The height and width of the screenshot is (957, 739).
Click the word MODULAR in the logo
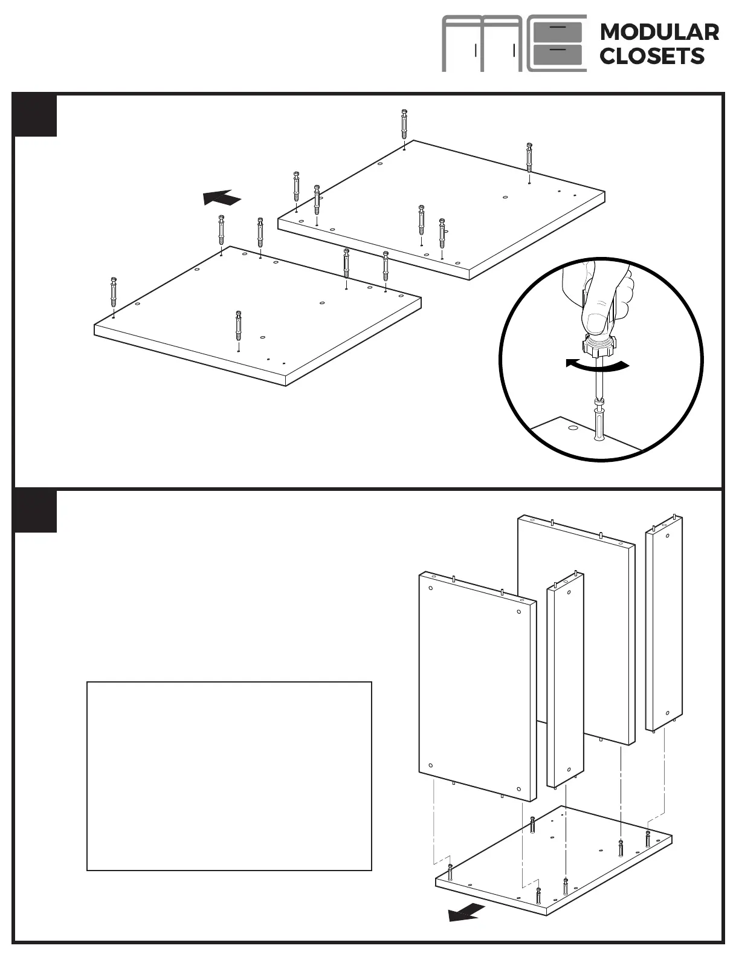coord(659,32)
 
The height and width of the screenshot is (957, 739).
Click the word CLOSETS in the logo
coord(652,56)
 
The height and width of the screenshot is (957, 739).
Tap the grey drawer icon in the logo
coord(558,44)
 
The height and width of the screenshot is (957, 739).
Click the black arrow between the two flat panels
coord(222,198)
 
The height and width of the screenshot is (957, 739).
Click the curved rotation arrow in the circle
coord(597,365)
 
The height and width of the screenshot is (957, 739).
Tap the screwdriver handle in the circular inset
coord(598,348)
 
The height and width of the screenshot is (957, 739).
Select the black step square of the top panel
coord(36,115)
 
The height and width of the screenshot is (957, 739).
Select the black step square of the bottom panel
coord(36,511)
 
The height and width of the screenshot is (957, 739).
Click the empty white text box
coord(229,776)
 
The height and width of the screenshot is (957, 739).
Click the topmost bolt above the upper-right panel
coord(404,124)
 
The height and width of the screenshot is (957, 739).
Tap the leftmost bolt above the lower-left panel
coord(114,293)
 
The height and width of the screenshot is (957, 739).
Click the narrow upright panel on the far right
coord(664,623)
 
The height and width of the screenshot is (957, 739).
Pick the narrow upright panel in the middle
coord(565,680)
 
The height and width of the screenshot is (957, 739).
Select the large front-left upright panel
coord(477,686)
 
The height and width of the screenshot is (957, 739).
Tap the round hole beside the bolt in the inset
coord(572,429)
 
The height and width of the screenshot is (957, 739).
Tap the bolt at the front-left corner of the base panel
coord(450,872)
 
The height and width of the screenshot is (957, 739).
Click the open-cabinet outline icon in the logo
coord(482,44)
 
